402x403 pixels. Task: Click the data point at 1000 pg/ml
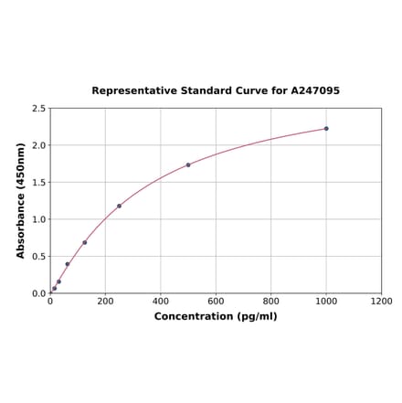(326, 129)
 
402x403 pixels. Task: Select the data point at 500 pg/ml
(188, 165)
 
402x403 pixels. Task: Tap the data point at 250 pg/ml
(119, 206)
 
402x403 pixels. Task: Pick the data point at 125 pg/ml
(85, 242)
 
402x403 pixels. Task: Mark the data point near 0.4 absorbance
(68, 264)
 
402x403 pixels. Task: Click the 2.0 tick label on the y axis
(39, 145)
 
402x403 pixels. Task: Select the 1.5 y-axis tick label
(39, 183)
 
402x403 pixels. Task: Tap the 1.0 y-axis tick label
(39, 219)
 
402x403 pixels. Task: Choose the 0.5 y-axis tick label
(39, 257)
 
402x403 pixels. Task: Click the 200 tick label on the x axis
(105, 301)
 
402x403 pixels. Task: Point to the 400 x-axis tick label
(161, 301)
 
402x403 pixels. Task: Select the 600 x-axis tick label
(216, 301)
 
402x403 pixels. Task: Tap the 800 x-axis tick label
(271, 301)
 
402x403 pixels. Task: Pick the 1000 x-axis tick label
(326, 301)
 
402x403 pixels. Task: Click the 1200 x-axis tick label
(381, 301)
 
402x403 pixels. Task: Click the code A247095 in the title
(315, 91)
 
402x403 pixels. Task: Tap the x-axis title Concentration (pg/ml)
(216, 316)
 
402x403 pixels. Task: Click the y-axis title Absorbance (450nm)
(21, 200)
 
